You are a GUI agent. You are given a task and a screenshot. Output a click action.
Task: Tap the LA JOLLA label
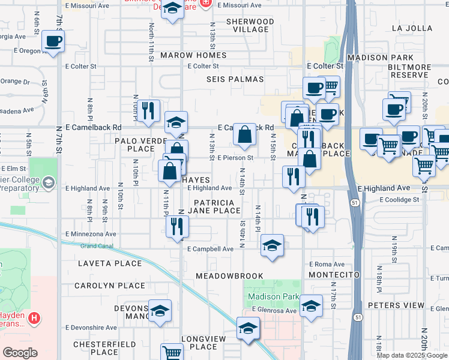coord(412,28)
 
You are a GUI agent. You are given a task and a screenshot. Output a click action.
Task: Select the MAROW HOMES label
coord(193,55)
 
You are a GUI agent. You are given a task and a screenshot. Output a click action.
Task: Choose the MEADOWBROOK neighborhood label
coord(229,276)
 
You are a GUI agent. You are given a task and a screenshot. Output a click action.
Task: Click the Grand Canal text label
coord(97,246)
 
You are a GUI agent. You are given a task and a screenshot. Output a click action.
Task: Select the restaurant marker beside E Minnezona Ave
coord(177,227)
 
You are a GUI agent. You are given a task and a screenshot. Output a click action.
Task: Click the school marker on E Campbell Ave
coord(272,245)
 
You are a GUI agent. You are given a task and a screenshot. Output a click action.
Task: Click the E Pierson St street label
coord(236,158)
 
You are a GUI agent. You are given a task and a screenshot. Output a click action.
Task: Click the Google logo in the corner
coord(20,352)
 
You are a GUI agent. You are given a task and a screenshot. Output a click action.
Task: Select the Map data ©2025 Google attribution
coord(412,355)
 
